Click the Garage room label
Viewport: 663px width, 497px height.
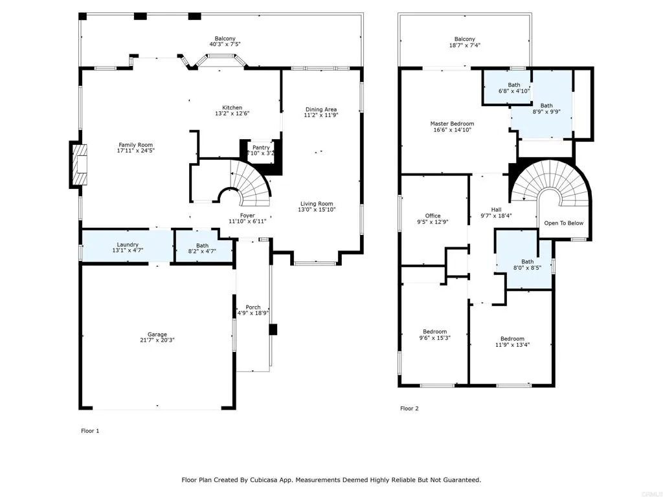click(x=157, y=335)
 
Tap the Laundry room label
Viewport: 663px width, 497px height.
click(x=128, y=245)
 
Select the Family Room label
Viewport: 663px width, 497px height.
click(x=135, y=145)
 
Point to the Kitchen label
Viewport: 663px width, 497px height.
click(x=232, y=107)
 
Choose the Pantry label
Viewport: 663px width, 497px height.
click(x=261, y=148)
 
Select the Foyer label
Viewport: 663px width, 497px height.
click(x=247, y=215)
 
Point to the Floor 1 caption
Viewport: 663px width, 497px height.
click(x=90, y=430)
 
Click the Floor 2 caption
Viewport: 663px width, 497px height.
click(x=409, y=408)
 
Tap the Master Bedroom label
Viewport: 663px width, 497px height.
click(x=452, y=124)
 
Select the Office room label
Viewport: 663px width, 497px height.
click(x=433, y=216)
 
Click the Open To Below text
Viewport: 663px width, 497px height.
click(x=563, y=223)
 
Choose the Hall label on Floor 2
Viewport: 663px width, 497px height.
click(x=496, y=210)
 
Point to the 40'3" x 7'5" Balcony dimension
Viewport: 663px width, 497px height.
click(x=226, y=45)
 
